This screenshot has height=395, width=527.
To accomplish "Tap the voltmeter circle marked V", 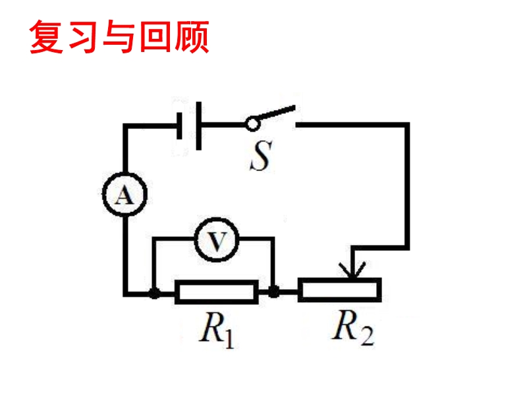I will tap(213, 243).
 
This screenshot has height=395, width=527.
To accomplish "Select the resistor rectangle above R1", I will tap(216, 292).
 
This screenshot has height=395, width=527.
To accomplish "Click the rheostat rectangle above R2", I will tap(339, 290).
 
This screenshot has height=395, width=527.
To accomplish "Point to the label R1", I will tap(217, 332).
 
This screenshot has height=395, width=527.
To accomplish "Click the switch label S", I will tap(260, 156).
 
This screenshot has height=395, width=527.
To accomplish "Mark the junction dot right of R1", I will tap(273, 292).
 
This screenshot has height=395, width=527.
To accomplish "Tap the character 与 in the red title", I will tap(119, 38).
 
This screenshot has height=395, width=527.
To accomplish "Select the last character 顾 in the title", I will tap(192, 38).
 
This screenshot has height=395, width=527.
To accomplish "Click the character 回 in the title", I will tap(155, 38).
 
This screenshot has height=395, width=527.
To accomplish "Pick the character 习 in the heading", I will tap(82, 38).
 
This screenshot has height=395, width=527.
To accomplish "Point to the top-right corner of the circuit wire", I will tap(407, 124).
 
